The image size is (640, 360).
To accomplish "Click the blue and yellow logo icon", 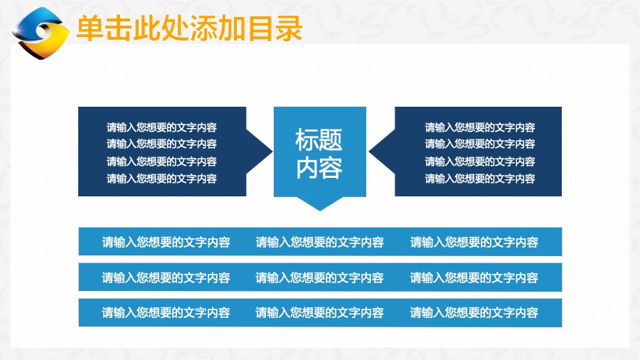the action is pyautogui.click(x=41, y=33).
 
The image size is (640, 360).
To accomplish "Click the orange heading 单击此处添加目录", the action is pyautogui.click(x=189, y=28).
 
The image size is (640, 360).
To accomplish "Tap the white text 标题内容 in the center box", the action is pyautogui.click(x=319, y=154).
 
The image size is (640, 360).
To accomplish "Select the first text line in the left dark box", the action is pyautogui.click(x=161, y=127).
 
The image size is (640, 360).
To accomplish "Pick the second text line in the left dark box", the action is pyautogui.click(x=161, y=144).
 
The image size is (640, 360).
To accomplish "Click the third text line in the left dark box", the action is pyautogui.click(x=161, y=162).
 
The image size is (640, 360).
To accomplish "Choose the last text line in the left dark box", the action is pyautogui.click(x=161, y=179).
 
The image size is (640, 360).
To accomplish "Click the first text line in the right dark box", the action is pyautogui.click(x=480, y=127).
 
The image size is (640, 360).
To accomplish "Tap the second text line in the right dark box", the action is pyautogui.click(x=480, y=144).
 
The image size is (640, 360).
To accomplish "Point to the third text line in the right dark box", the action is pyautogui.click(x=480, y=162).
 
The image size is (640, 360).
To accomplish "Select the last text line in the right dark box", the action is pyautogui.click(x=480, y=179).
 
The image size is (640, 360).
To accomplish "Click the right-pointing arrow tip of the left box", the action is pyautogui.click(x=272, y=152).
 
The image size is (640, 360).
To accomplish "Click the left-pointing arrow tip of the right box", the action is pyautogui.click(x=369, y=152).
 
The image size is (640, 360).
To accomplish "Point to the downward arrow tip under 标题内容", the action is pyautogui.click(x=320, y=211).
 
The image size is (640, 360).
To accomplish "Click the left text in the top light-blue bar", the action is pyautogui.click(x=166, y=242).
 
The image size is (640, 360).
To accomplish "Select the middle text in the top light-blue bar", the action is pyautogui.click(x=319, y=242).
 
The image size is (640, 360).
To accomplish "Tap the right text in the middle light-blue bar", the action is pyautogui.click(x=474, y=277).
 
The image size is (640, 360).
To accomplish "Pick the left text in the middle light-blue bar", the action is pyautogui.click(x=166, y=277).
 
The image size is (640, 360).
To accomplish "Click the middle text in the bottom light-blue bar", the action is pyautogui.click(x=319, y=312).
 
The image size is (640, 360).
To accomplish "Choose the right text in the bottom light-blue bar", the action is pyautogui.click(x=474, y=312).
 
